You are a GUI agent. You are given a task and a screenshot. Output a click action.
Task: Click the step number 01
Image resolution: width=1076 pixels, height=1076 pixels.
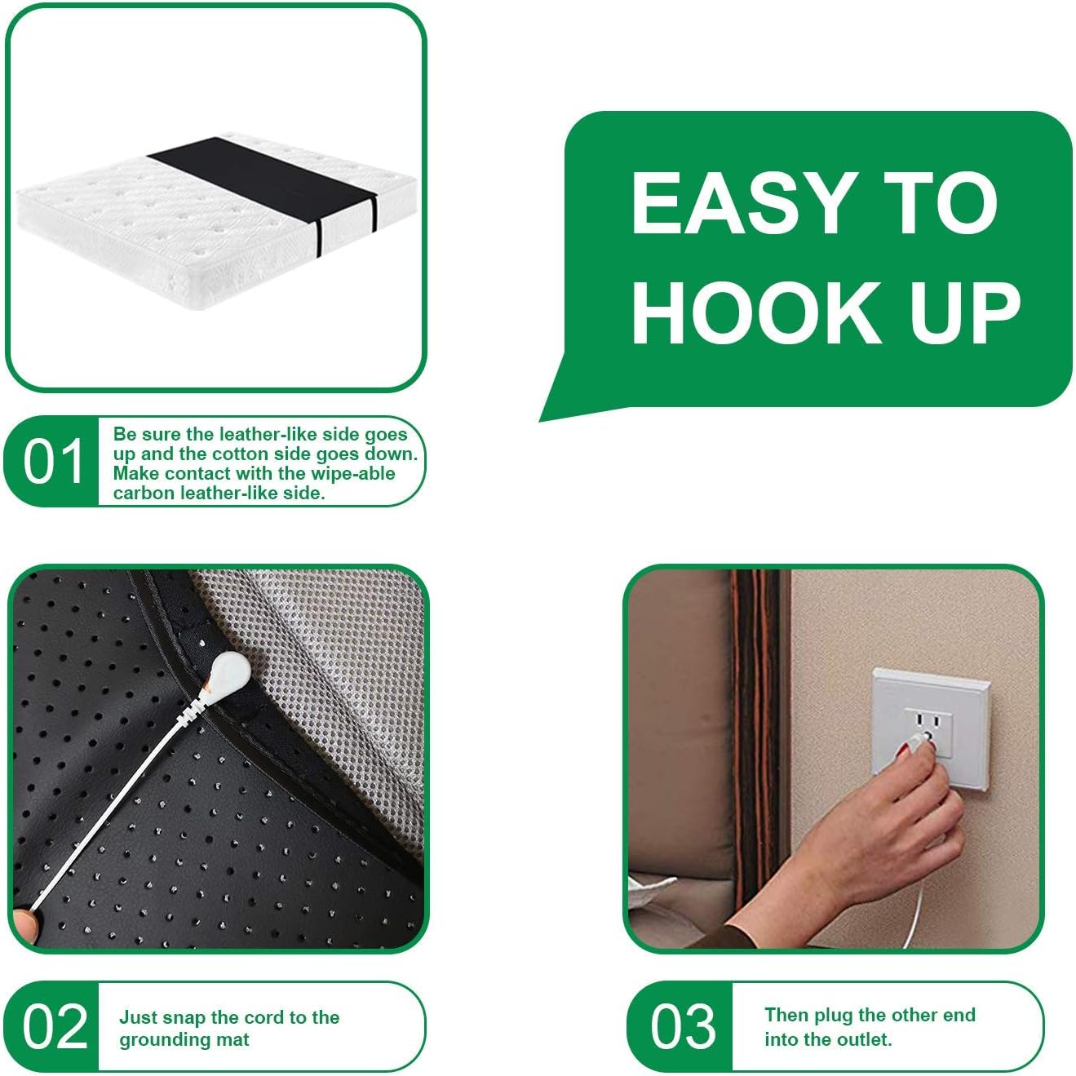[53, 462]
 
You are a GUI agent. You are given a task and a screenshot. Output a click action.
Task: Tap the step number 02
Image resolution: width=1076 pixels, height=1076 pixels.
[54, 1026]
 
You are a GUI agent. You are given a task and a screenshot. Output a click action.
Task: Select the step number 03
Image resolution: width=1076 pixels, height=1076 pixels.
[682, 1026]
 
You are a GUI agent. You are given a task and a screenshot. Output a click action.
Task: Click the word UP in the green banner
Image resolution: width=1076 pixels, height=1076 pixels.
[965, 312]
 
